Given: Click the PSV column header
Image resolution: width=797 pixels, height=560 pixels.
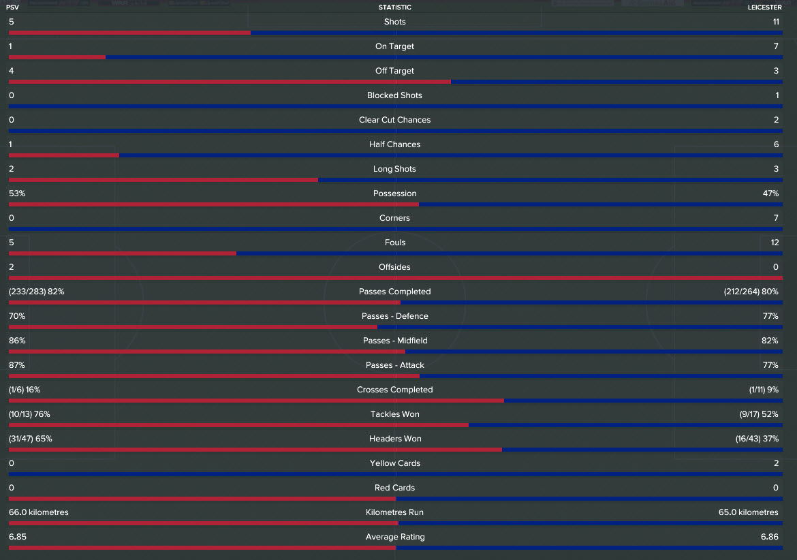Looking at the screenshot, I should pos(14,7).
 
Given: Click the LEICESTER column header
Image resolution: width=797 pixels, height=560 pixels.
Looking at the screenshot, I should pos(764,7).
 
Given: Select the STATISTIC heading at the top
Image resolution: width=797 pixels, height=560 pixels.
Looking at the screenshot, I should pos(395,7).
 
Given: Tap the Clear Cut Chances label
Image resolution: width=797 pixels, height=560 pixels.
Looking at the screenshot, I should pos(395,120).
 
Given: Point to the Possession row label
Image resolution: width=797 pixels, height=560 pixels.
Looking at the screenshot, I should pos(395,193).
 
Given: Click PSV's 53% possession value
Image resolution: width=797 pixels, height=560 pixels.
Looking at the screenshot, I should pos(17,193).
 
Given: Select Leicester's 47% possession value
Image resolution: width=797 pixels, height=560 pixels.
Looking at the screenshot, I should pos(770,193).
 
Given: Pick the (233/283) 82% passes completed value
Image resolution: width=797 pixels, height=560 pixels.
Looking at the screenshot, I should pos(37,292).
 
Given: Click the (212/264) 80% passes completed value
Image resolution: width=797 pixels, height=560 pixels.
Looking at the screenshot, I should pos(751,292).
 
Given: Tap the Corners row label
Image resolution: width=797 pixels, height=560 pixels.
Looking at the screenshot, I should pos(395,218).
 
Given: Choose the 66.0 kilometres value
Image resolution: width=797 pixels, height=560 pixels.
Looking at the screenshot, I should pos(39,512).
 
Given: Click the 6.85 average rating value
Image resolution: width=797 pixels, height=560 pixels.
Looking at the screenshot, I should pos(17,537).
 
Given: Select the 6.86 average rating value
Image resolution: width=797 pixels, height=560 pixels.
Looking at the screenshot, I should pos(770,537).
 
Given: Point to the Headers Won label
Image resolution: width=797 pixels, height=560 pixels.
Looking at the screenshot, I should pos(395,439).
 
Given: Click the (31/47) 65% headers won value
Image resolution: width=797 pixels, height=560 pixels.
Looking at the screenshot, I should pos(31,439).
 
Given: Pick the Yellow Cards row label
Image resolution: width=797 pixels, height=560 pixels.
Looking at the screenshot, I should pos(395,463).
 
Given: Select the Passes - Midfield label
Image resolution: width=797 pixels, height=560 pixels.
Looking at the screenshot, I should pos(395,341).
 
